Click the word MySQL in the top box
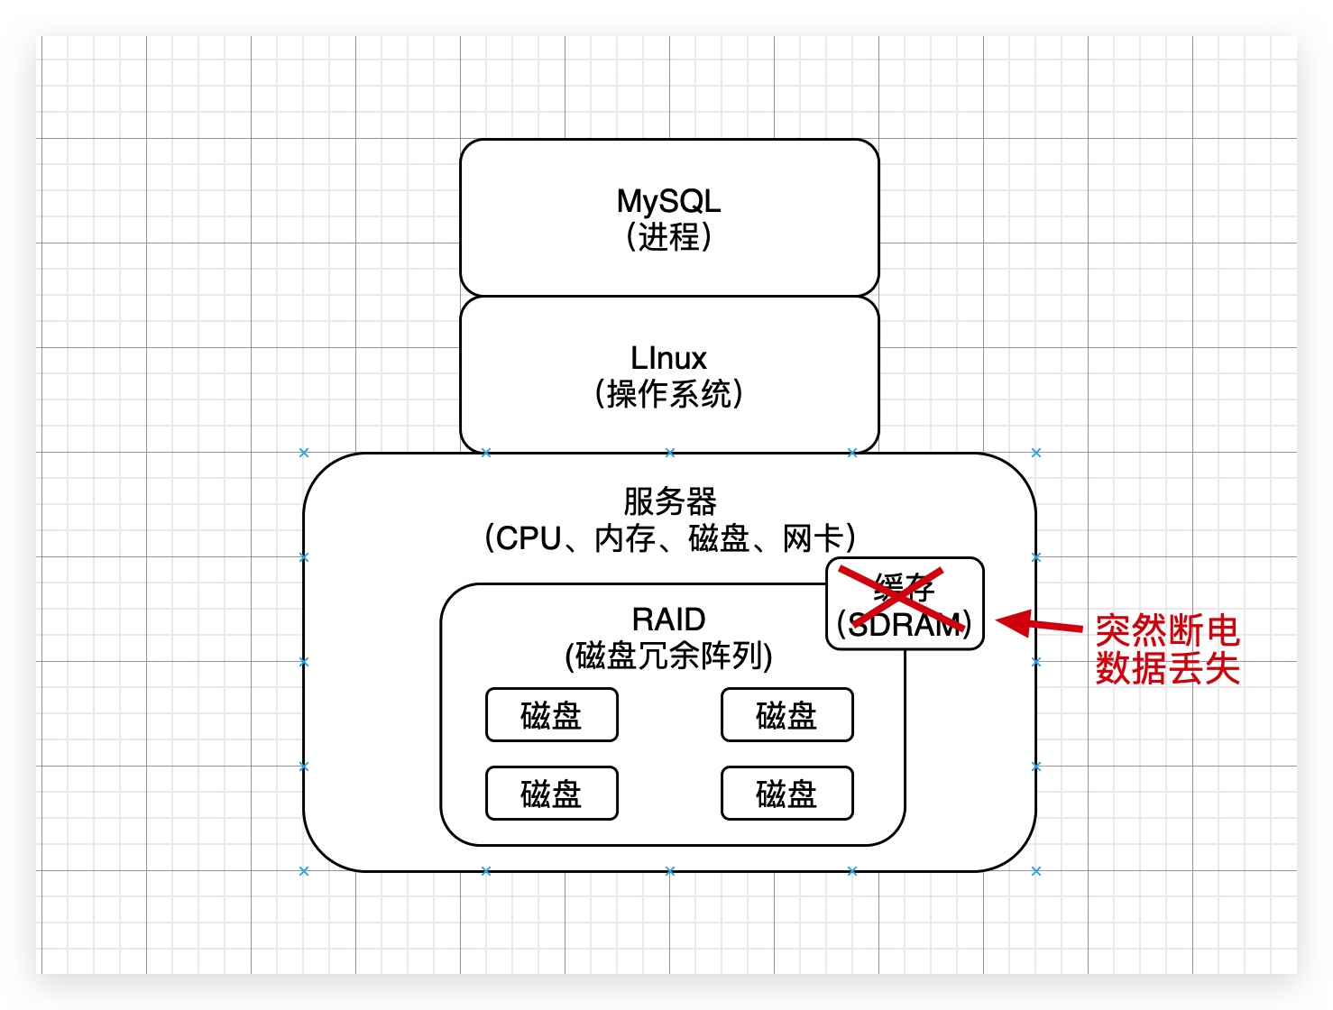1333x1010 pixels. tap(668, 201)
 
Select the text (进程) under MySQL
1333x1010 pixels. tap(668, 237)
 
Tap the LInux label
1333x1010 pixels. tap(668, 358)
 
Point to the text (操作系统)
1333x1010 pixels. tap(668, 394)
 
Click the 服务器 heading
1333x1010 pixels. tap(669, 501)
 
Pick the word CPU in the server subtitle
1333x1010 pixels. tap(529, 538)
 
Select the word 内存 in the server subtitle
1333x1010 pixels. tap(624, 538)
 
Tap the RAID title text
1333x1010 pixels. tap(668, 620)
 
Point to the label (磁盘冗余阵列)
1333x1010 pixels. tap(668, 656)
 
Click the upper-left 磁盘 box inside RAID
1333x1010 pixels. tap(551, 715)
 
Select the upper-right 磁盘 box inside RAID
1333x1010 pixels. tap(786, 715)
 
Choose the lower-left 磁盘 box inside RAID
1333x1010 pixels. tap(551, 794)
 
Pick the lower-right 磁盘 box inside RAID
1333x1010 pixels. tap(786, 794)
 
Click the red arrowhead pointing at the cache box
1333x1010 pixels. tap(1012, 622)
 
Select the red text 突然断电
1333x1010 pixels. tap(1167, 630)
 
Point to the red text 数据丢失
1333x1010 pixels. tap(1167, 668)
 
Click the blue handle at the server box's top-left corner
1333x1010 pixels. tap(304, 453)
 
